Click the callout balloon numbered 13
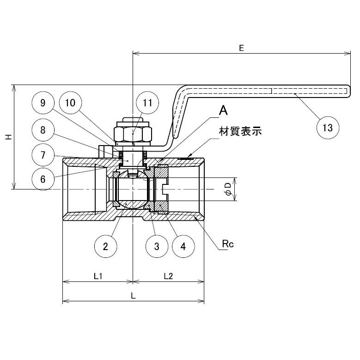[x=328, y=128]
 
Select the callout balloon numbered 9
[x=43, y=103]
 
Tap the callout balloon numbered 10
[x=71, y=103]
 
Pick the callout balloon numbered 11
[x=147, y=103]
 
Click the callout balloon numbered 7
[x=43, y=155]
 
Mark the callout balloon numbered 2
[x=105, y=246]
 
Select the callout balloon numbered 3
[x=157, y=246]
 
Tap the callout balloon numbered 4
[x=183, y=246]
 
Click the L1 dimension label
[x=98, y=276]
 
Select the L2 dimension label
[x=168, y=276]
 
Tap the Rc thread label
[x=228, y=244]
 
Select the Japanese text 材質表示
[x=240, y=131]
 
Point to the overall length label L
[x=133, y=296]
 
